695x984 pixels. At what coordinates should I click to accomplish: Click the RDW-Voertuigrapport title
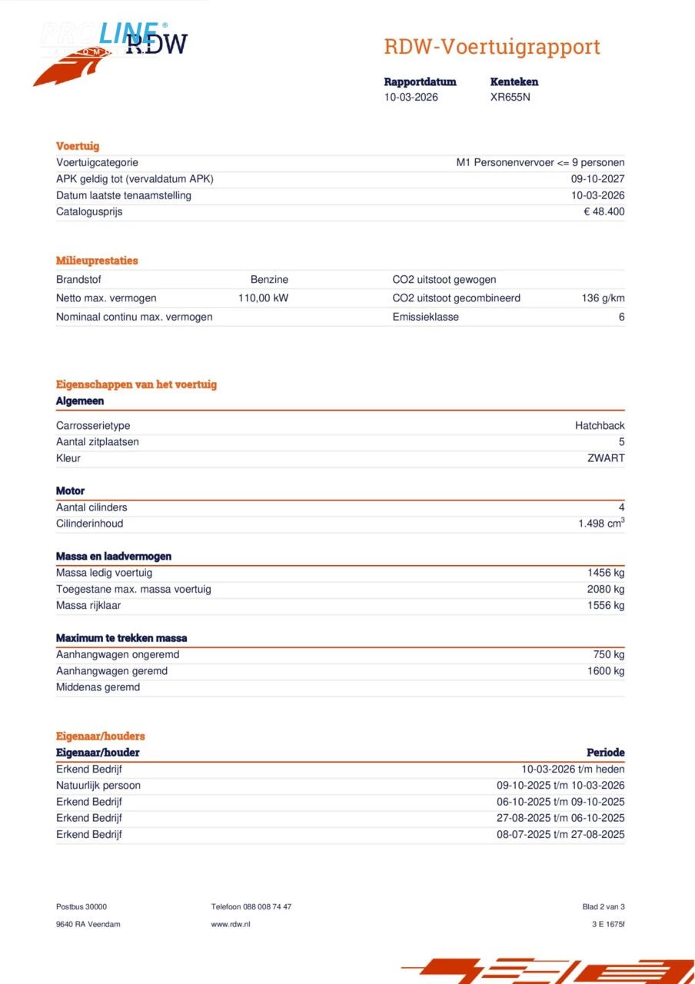pos(491,47)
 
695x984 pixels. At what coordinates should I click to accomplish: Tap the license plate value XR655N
pos(510,98)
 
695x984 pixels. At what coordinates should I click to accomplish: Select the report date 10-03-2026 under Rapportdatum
pos(411,98)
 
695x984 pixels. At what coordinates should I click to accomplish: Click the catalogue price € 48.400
pos(604,211)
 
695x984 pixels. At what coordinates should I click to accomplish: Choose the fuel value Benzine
pos(269,280)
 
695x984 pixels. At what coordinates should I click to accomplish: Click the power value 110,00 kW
pos(263,298)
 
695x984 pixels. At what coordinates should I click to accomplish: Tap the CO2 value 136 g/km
pos(603,298)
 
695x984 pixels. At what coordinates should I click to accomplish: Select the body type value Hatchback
pos(600,426)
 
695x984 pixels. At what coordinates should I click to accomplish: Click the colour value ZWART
pos(606,458)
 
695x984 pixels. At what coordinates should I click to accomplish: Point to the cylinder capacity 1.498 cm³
pos(601,524)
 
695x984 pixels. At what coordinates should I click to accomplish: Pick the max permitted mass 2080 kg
pos(606,590)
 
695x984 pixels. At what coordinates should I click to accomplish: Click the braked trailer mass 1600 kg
pos(606,671)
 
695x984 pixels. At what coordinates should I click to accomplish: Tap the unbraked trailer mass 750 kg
pos(609,655)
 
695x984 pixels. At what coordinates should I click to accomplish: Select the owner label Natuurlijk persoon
pos(98,786)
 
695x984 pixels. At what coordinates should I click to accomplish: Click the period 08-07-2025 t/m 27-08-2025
pos(560,835)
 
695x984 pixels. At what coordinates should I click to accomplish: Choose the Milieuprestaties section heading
pos(97,261)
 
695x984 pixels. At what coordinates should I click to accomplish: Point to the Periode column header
pos(606,753)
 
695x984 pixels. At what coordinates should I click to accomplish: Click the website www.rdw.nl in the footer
pos(231,924)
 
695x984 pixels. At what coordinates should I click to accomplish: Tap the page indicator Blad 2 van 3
pos(604,907)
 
